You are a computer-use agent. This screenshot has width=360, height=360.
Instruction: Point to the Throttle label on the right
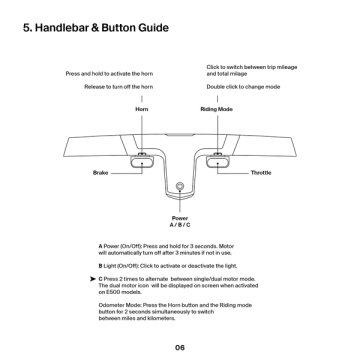[262, 173]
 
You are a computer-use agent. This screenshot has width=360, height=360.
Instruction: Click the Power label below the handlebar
[180, 218]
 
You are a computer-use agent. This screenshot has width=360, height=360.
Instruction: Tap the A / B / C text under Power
[180, 225]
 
